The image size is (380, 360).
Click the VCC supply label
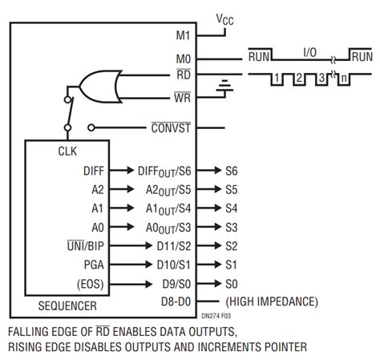point(224,19)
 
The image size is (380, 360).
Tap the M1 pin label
point(183,35)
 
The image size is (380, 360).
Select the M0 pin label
point(184,59)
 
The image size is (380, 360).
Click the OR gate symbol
point(101,87)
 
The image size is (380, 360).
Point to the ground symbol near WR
point(224,86)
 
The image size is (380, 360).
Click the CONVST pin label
point(171,127)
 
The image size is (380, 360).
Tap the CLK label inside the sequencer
point(67,152)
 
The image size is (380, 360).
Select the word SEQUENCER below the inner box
point(67,306)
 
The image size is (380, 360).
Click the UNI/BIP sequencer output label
point(85,246)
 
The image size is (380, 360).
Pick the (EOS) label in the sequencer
point(90,284)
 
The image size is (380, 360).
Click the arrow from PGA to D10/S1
point(131,265)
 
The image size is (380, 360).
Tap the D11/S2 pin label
point(174,246)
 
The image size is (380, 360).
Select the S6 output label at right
point(232,171)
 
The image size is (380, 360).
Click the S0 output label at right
point(232,284)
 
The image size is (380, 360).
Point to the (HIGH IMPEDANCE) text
point(272,301)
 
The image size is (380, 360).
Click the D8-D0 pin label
point(176,301)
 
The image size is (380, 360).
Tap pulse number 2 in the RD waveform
point(299,78)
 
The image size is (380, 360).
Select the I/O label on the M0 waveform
point(310,52)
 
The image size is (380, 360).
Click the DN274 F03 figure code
point(216,316)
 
